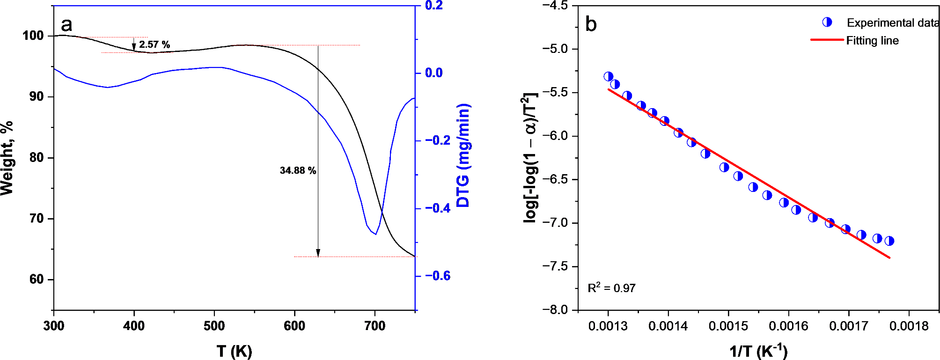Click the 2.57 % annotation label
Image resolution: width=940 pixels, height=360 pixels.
click(x=154, y=44)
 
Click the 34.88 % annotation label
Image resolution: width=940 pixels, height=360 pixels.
click(x=298, y=170)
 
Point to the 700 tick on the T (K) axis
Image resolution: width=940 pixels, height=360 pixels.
click(x=375, y=326)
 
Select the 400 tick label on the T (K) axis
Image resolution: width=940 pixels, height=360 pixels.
click(x=134, y=326)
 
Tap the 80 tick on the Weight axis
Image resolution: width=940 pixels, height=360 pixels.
click(x=37, y=157)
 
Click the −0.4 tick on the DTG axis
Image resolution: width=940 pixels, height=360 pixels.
click(x=437, y=208)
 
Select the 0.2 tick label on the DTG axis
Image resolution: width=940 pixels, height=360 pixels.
click(x=433, y=6)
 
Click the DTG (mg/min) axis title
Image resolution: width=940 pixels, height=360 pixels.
click(x=463, y=155)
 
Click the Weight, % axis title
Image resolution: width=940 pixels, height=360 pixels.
click(x=7, y=158)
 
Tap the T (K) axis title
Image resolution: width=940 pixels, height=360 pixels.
click(x=234, y=351)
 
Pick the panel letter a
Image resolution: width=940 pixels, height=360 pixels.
click(x=66, y=24)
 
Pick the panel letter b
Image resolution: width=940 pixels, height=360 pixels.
click(x=591, y=24)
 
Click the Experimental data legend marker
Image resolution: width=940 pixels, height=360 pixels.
click(x=827, y=22)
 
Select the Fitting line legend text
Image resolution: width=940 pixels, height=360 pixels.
click(x=872, y=41)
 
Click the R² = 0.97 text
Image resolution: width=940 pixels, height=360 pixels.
click(x=611, y=288)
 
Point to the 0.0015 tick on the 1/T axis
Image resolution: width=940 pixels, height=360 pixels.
click(x=728, y=326)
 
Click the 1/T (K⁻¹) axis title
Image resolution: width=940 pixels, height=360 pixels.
click(x=758, y=351)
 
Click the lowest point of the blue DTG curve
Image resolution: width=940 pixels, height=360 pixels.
click(x=375, y=234)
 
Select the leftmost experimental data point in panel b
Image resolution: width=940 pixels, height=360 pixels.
click(x=609, y=76)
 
